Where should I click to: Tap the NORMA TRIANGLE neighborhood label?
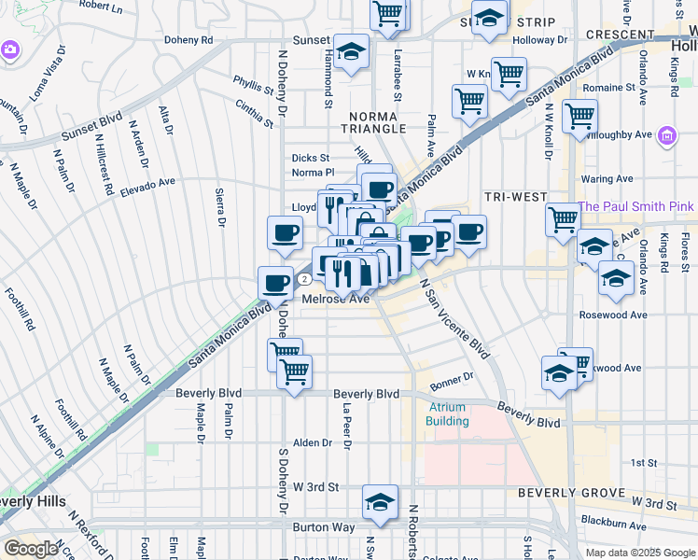pos(372,116)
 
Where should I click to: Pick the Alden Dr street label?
pos(308,442)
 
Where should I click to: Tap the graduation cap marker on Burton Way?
pos(380,502)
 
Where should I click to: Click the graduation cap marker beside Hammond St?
pos(351,52)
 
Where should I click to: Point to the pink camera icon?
pos(10,49)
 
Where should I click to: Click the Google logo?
pos(31,548)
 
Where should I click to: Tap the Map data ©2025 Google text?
pos(639,553)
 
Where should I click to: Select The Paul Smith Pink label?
pos(636,206)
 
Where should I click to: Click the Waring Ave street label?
pos(607,179)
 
